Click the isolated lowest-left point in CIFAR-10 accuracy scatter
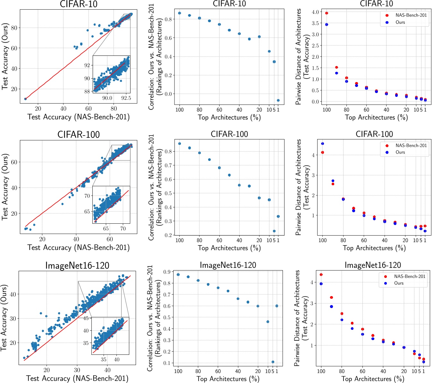(x=25, y=99)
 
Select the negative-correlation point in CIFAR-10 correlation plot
(x=278, y=100)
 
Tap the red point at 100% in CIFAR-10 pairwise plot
(x=327, y=13)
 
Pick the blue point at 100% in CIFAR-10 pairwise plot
(x=327, y=24)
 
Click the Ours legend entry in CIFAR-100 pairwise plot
(x=400, y=152)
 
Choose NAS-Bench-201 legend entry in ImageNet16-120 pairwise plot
(x=409, y=276)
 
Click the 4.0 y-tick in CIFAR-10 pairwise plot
(x=315, y=12)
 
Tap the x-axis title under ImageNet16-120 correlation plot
(x=228, y=379)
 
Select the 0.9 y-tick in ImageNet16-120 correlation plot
(x=167, y=272)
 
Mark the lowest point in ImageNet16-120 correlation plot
(x=273, y=362)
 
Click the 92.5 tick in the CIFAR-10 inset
(x=126, y=98)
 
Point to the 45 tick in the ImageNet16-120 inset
(x=86, y=318)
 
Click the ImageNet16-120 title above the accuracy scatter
(x=77, y=265)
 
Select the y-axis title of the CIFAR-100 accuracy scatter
(x=5, y=187)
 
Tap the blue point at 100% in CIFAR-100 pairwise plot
(x=322, y=144)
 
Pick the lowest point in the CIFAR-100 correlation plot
(x=274, y=231)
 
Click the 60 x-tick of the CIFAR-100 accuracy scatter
(x=110, y=239)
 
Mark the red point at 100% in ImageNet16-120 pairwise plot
(x=321, y=275)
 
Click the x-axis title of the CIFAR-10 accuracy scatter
(x=79, y=117)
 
